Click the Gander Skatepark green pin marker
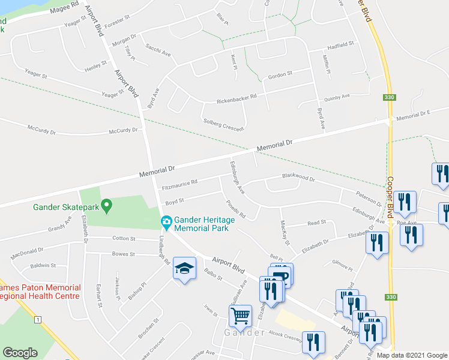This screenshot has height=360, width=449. coord(107,207)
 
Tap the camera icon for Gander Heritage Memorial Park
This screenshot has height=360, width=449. coord(166,223)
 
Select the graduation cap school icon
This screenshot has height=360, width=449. coord(184,269)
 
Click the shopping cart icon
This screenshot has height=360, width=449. coord(240,316)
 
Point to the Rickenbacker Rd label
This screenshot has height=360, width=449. coord(237,97)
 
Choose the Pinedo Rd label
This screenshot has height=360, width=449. coord(237,208)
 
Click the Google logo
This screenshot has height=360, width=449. coord(20,353)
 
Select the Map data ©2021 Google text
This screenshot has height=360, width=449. coord(411,355)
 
